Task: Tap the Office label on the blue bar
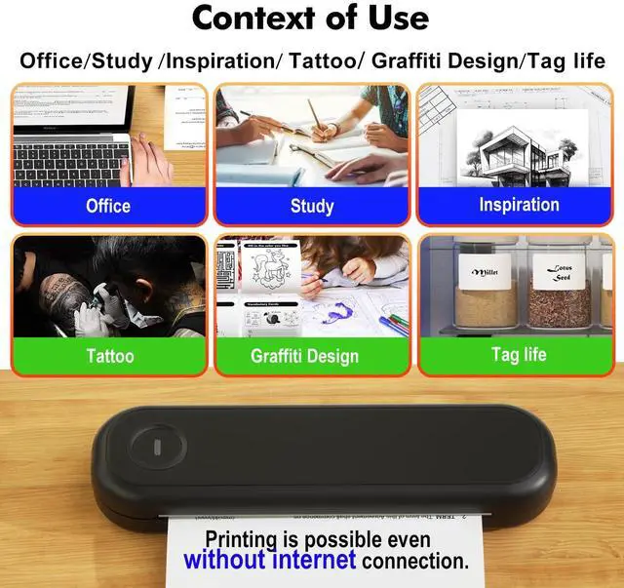(108, 206)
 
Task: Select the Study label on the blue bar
(312, 206)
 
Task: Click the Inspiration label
(519, 205)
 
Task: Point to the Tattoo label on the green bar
(110, 356)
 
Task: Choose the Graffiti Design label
(304, 356)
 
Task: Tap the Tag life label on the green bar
(519, 355)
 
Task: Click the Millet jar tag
(485, 272)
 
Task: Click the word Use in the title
(395, 19)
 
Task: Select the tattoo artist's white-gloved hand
(93, 317)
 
